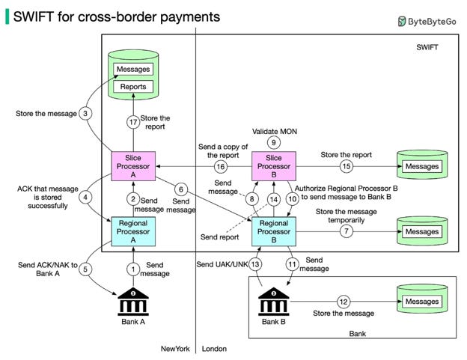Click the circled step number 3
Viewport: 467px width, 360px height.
85,114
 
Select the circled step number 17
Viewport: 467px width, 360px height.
133,122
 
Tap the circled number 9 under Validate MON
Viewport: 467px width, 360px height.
273,143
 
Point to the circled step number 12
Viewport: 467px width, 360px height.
344,302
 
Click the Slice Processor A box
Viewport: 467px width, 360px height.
133,166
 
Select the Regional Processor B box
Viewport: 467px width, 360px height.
274,231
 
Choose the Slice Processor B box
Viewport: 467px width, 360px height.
274,166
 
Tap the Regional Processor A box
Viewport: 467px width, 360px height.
133,231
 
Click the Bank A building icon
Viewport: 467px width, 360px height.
133,302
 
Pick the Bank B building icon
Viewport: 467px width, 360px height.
274,302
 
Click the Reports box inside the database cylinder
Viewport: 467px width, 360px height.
133,87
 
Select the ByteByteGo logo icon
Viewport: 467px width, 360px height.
402,22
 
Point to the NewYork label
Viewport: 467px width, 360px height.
175,349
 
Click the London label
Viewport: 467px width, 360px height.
214,349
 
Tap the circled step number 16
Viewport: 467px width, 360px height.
220,166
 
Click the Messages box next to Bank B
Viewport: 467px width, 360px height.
422,302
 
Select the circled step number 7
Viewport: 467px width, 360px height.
346,231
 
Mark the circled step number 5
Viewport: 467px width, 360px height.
85,269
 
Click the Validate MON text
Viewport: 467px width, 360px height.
275,131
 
